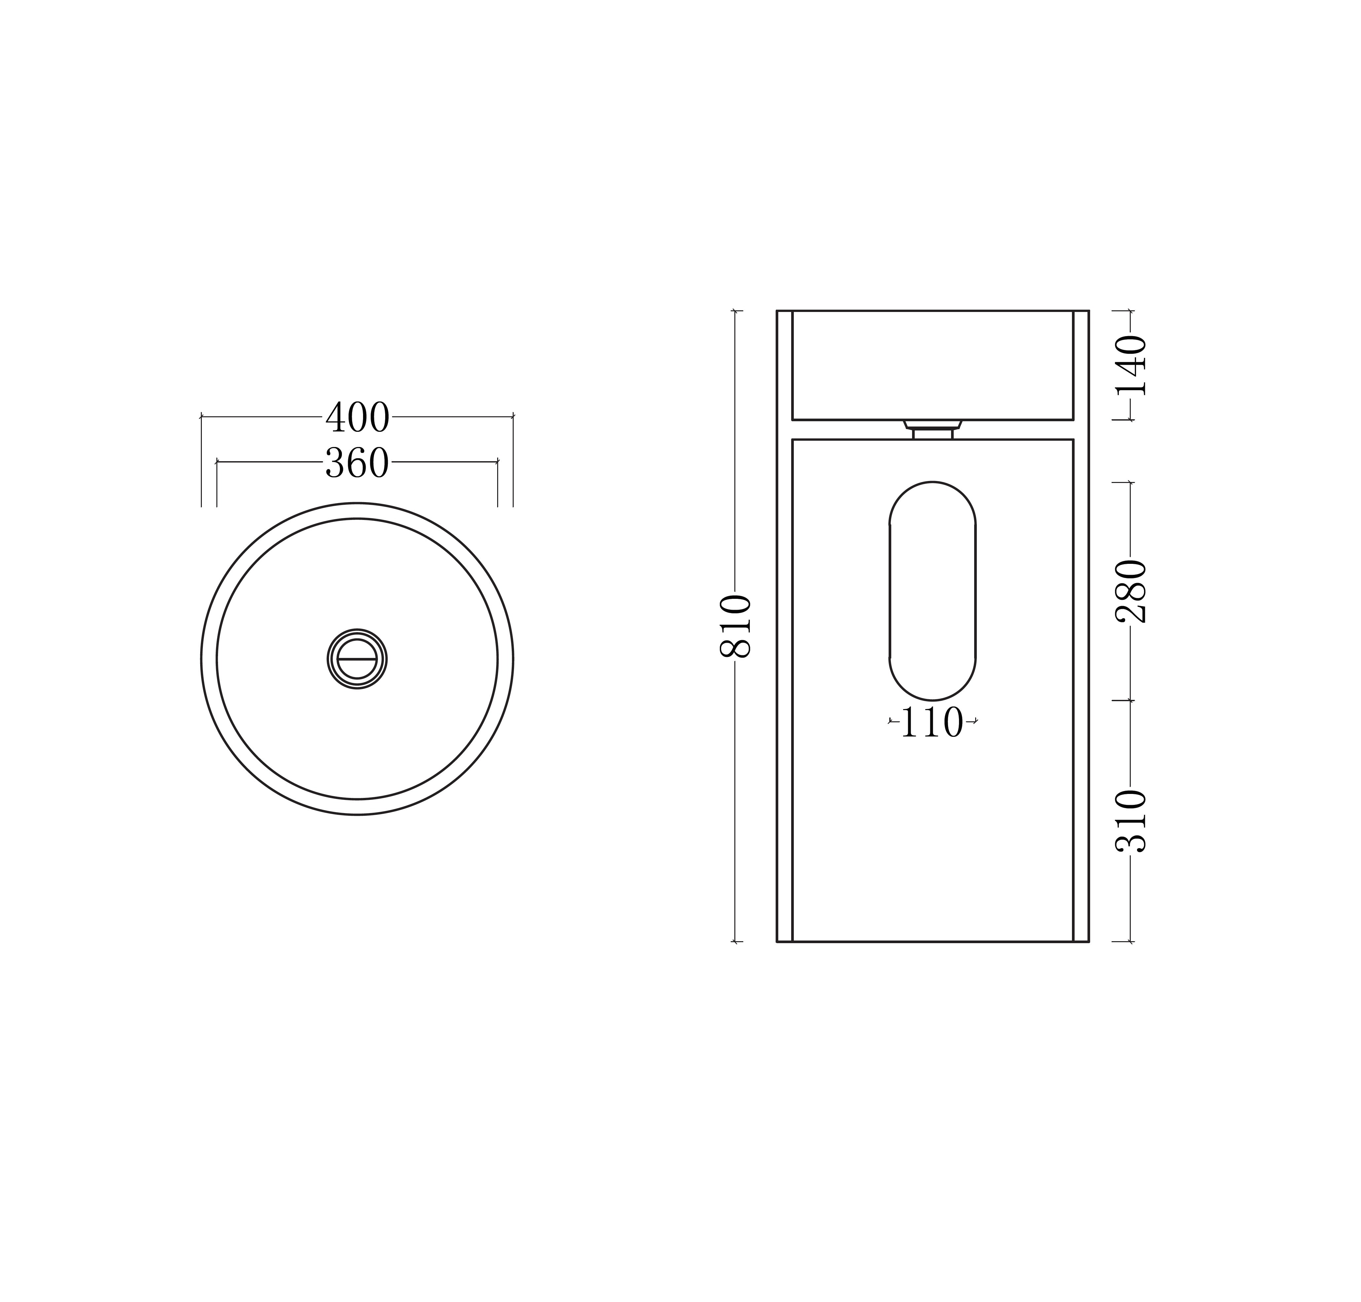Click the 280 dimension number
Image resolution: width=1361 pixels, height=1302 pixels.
(x=1130, y=591)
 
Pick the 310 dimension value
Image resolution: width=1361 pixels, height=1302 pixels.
(x=1130, y=821)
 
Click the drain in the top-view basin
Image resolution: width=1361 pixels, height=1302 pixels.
(x=357, y=659)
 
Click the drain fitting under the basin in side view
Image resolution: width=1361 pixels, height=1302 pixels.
(x=933, y=429)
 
